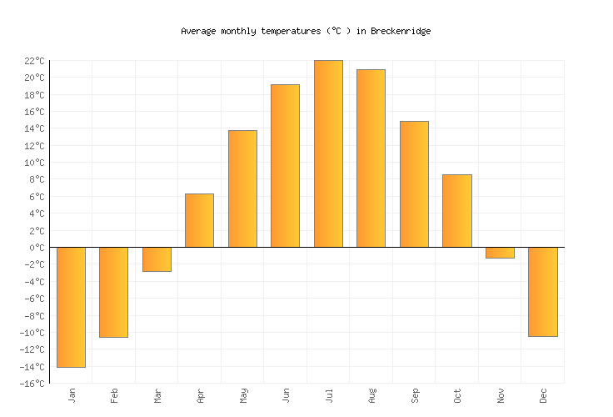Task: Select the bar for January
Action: [71, 307]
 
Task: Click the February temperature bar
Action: [113, 292]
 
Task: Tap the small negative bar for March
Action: [157, 259]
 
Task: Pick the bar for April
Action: [199, 220]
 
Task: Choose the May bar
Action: [242, 188]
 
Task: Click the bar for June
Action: [285, 166]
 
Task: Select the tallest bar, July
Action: [328, 153]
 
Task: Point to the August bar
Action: [371, 158]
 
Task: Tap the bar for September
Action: [414, 184]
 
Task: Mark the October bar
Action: [456, 211]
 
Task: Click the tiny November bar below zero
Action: [500, 253]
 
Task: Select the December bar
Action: [542, 292]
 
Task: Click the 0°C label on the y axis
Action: [37, 248]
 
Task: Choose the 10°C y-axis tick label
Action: [34, 163]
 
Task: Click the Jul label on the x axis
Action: [329, 395]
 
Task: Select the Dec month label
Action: [543, 395]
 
